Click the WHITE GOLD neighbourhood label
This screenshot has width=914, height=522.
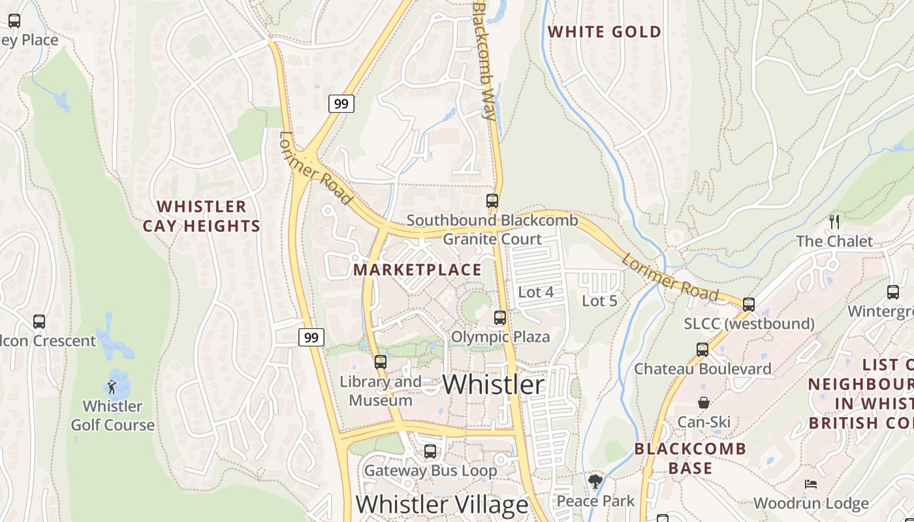tap(604, 31)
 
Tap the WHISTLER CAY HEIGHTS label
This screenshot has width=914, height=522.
tap(201, 217)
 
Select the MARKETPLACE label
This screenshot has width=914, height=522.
tap(417, 269)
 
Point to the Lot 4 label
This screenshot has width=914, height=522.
tap(535, 292)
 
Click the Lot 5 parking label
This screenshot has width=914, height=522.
tap(599, 301)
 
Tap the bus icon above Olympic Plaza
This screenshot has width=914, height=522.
tap(500, 318)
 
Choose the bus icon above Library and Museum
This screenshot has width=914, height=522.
tap(381, 361)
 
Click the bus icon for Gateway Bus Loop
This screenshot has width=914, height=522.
tap(430, 451)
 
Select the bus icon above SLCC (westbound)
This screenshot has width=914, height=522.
tap(749, 304)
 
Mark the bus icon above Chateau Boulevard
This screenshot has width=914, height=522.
tap(702, 349)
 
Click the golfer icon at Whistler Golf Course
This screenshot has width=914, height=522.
tap(112, 387)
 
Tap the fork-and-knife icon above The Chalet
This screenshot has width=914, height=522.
tap(834, 221)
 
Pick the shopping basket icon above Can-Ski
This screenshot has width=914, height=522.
tap(703, 403)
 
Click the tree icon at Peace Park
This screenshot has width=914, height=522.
tap(595, 482)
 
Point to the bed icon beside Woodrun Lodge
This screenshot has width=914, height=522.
tap(810, 484)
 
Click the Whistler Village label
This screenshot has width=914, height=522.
tap(441, 504)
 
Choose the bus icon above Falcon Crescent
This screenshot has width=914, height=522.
tap(39, 321)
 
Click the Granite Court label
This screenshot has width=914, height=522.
tap(492, 239)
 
